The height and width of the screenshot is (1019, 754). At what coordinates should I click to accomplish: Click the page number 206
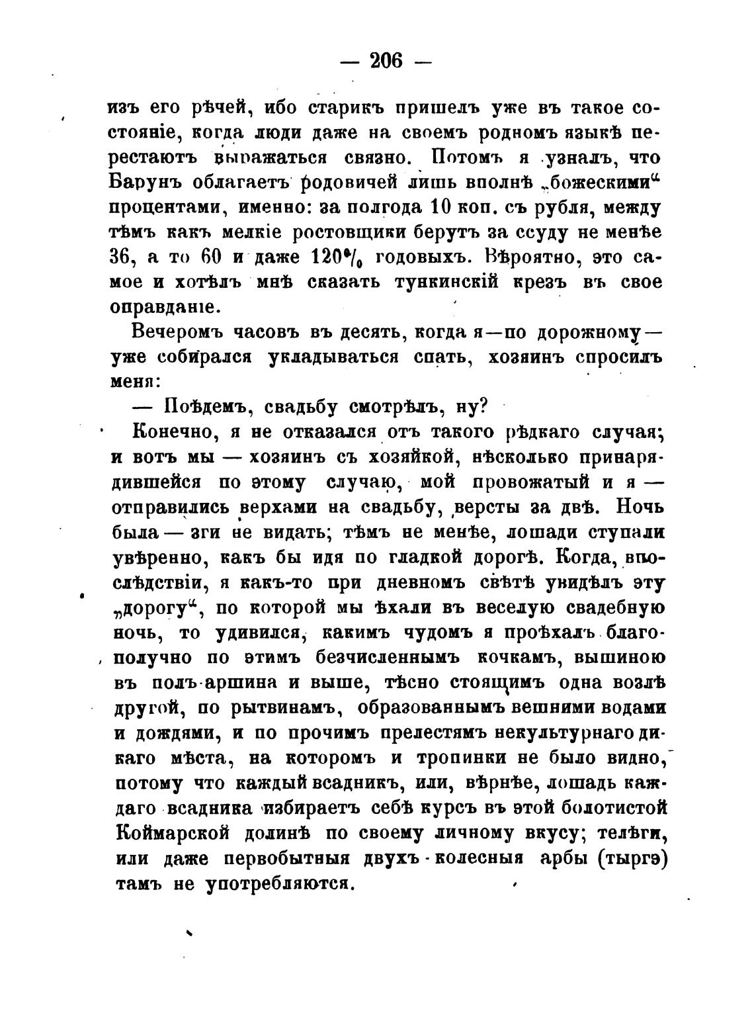coord(386,61)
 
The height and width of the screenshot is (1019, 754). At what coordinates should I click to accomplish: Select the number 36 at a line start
coord(122,257)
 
